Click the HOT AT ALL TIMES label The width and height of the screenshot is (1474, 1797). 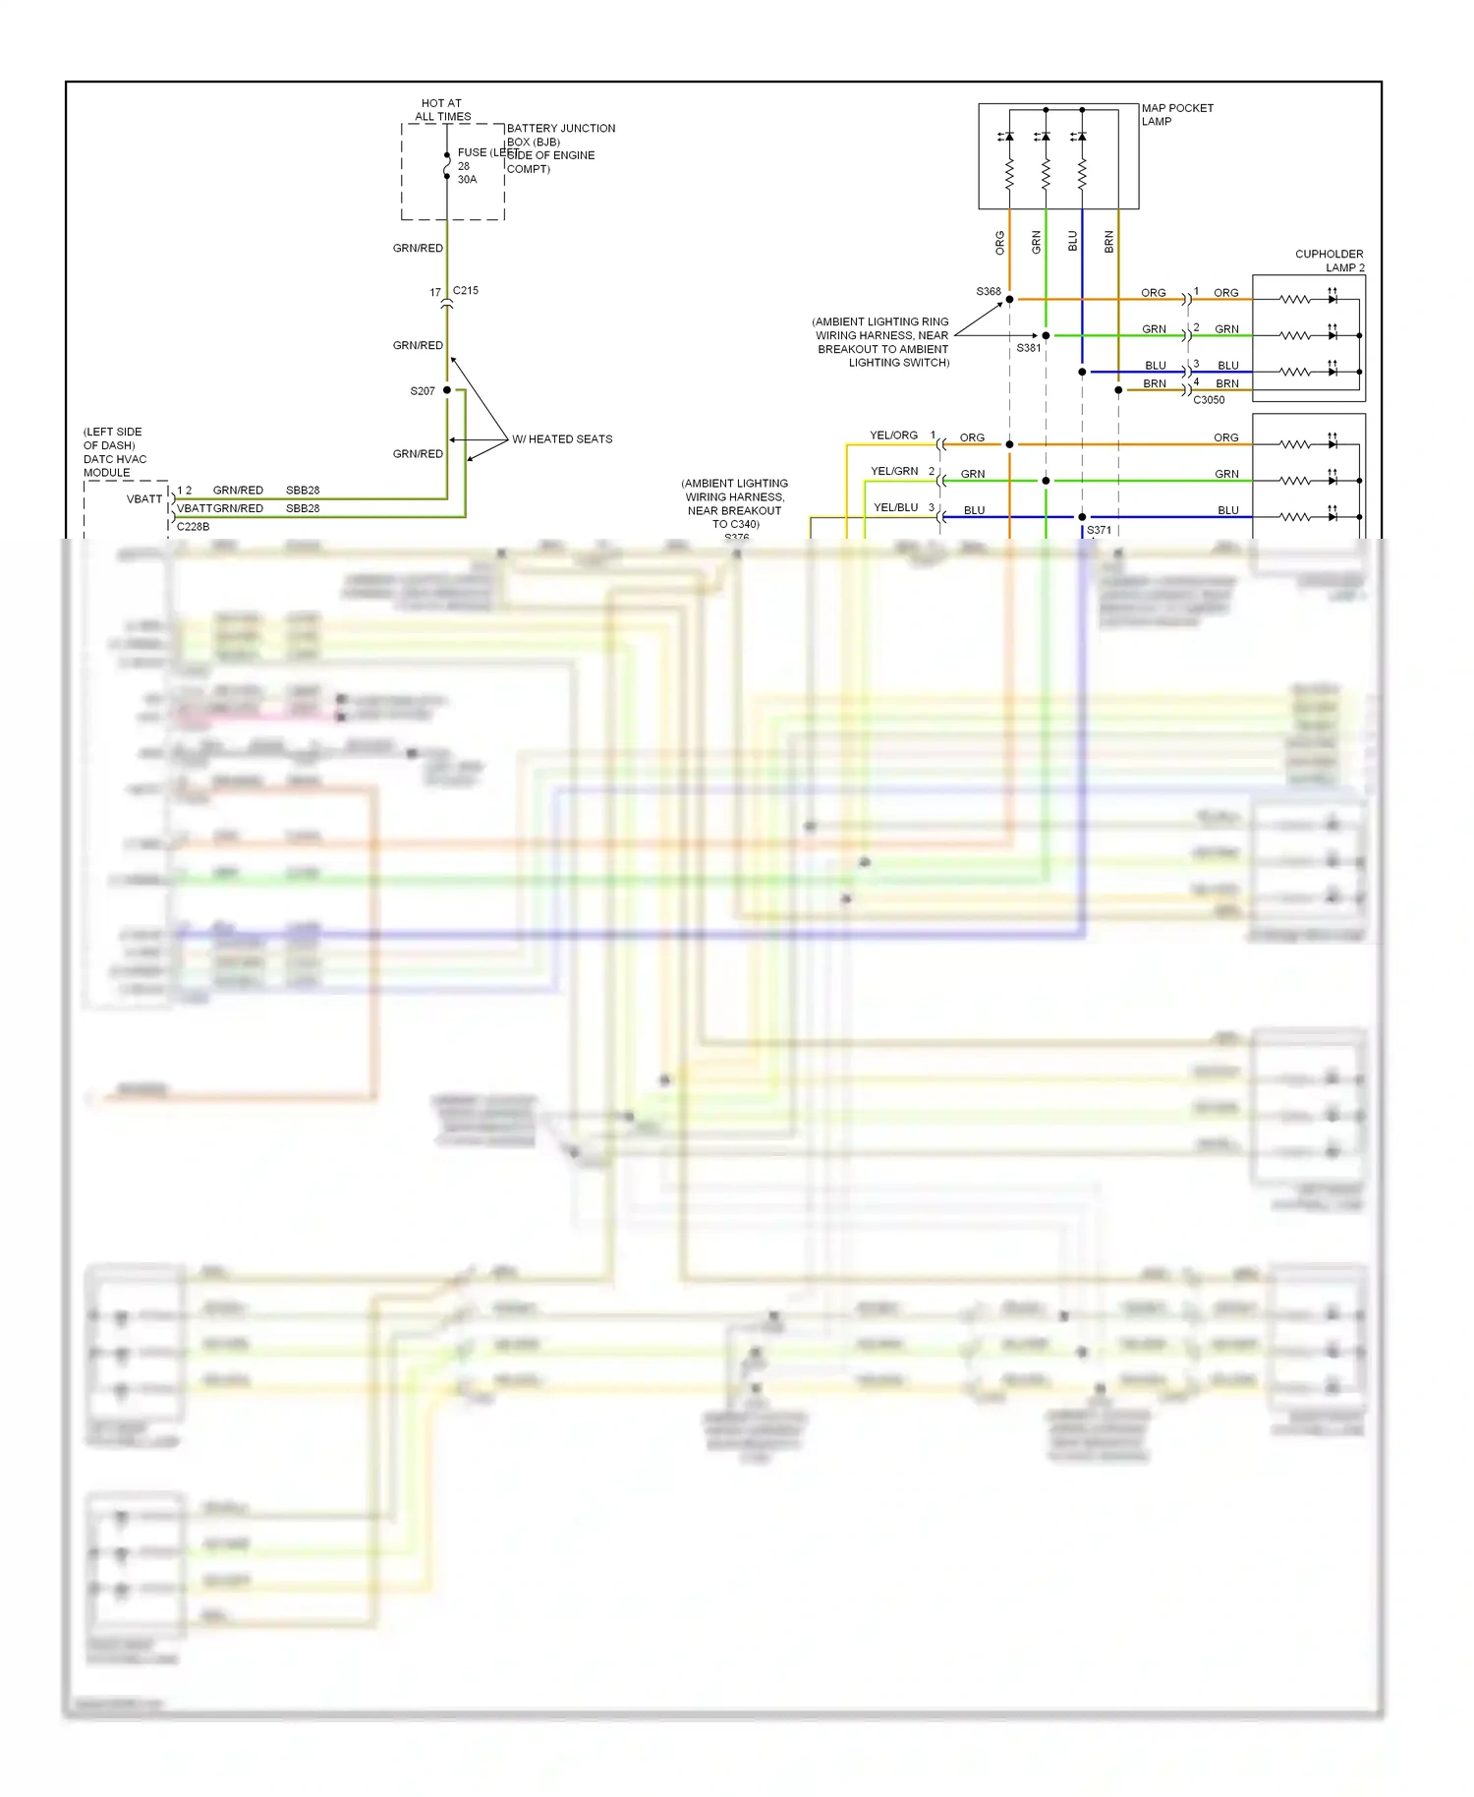(x=442, y=109)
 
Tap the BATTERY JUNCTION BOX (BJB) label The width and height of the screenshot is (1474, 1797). (x=560, y=135)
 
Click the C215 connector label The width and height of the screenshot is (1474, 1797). (x=466, y=290)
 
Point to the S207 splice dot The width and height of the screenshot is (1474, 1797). (x=447, y=390)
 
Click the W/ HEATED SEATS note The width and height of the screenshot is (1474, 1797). (x=562, y=439)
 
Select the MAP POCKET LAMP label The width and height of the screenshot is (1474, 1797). (x=1176, y=114)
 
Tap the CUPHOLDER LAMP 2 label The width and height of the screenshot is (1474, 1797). (x=1329, y=261)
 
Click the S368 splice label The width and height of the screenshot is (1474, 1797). (x=989, y=291)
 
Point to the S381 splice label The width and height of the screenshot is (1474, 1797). (x=1028, y=348)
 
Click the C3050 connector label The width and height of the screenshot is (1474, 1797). (x=1209, y=400)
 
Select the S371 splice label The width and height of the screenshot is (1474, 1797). (x=1099, y=530)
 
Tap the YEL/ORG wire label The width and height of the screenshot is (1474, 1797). (x=893, y=435)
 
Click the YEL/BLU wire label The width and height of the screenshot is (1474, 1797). (x=896, y=507)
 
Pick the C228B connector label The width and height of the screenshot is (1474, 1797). (x=193, y=526)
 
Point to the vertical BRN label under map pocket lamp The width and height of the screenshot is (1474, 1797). (x=1109, y=242)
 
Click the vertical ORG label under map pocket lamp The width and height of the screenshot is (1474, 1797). (x=1000, y=243)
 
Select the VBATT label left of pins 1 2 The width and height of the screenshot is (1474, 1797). (x=144, y=498)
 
